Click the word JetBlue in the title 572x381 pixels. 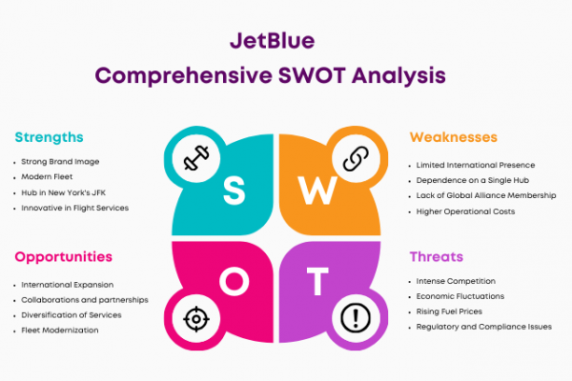click(x=272, y=40)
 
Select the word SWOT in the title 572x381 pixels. click(x=312, y=75)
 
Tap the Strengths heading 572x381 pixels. click(x=49, y=137)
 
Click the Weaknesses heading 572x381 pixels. click(x=454, y=137)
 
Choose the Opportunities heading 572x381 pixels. click(x=64, y=257)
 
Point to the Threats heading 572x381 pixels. click(x=437, y=256)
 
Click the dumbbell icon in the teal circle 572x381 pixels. click(x=196, y=158)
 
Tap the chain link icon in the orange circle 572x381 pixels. click(x=356, y=159)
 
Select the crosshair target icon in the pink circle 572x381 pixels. click(x=196, y=319)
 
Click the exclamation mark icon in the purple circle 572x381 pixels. click(x=356, y=318)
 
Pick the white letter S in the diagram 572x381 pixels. click(x=234, y=190)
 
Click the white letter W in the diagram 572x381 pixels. click(x=317, y=190)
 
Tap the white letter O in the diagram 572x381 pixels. click(x=235, y=281)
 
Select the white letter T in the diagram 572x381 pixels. click(x=317, y=281)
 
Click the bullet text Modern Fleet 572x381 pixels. click(x=47, y=177)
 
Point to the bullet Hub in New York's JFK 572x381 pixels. click(x=64, y=192)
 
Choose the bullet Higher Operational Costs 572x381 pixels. click(x=465, y=211)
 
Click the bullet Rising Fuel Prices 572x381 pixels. click(x=449, y=311)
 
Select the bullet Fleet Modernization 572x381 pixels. click(x=60, y=330)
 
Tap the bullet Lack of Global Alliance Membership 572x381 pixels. click(x=486, y=195)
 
